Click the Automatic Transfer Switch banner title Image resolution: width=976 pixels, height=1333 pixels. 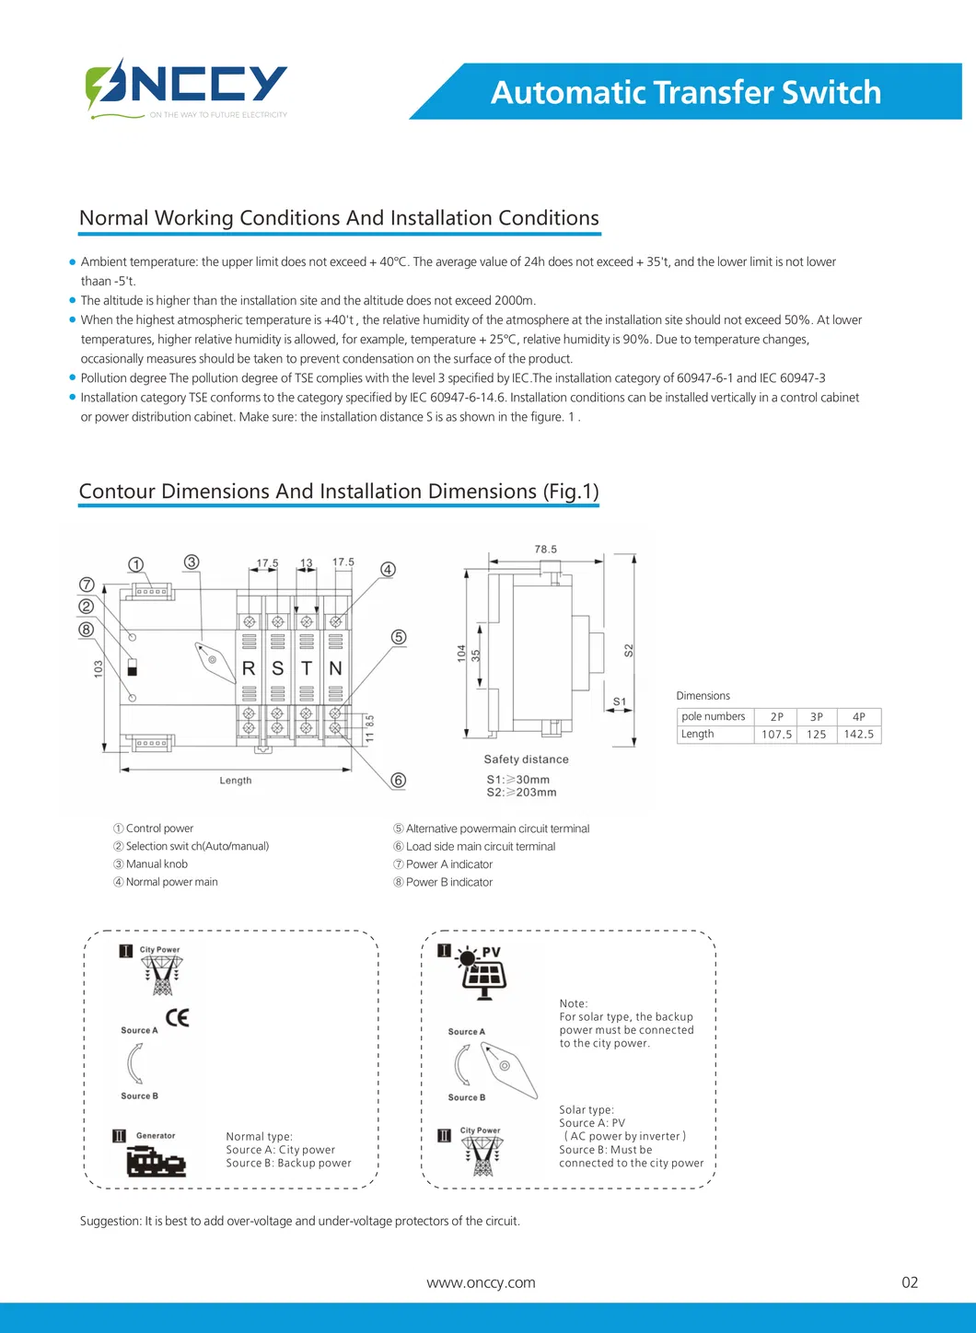[x=686, y=92]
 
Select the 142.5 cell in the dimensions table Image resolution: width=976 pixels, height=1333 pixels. [x=858, y=735]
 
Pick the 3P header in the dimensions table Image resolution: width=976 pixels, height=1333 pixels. [x=816, y=716]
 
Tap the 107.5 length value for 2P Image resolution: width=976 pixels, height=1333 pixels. [x=776, y=735]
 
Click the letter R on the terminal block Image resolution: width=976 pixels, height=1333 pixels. [x=249, y=668]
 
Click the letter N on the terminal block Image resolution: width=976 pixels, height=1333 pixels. [x=335, y=668]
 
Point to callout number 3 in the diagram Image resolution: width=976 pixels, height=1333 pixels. [x=192, y=562]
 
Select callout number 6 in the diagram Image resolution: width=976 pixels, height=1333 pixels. [x=398, y=780]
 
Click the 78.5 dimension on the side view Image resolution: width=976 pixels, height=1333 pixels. [x=545, y=550]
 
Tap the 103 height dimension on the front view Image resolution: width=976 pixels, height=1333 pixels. [x=99, y=669]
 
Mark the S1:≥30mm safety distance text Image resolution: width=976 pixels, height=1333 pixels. [x=517, y=780]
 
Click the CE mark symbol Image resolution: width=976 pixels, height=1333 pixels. [x=178, y=1017]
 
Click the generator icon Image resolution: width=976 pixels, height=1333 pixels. [x=156, y=1162]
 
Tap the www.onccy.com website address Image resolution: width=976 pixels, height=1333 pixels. [x=481, y=1282]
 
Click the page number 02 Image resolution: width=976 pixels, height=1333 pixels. [x=910, y=1282]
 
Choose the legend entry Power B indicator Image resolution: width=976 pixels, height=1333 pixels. [x=448, y=882]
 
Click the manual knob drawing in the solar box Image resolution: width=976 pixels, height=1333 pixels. [x=510, y=1070]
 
